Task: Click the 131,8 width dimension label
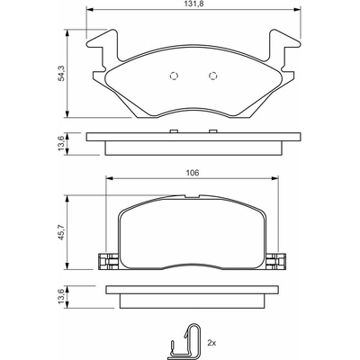point(193,4)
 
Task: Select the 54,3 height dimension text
point(61,73)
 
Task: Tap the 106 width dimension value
point(193,173)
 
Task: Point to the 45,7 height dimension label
point(61,232)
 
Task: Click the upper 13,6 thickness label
point(60,143)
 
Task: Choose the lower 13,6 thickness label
point(60,296)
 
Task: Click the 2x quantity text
point(211,342)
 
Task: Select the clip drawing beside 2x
point(185,340)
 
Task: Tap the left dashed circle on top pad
point(174,76)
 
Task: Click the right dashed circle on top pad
point(212,76)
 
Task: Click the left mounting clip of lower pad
point(109,261)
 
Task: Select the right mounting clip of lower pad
point(276,261)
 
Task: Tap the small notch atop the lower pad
point(192,196)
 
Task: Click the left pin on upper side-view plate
point(174,130)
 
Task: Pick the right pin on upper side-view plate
point(212,130)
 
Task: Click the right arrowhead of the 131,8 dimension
point(297,10)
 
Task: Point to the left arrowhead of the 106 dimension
point(110,178)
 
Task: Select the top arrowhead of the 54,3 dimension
point(67,33)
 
